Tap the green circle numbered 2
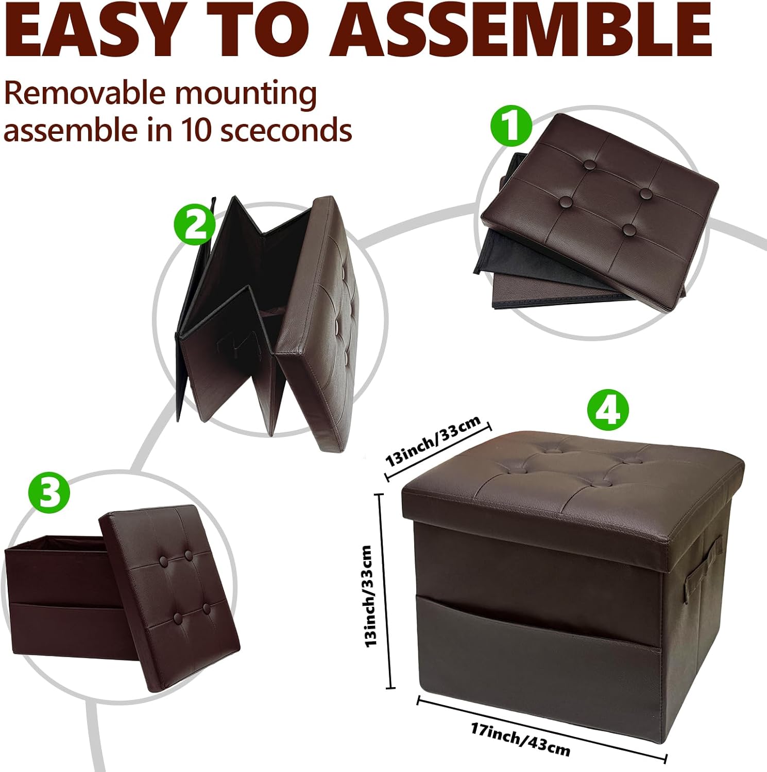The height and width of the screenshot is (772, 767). point(193,225)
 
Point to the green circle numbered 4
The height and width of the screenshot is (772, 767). point(608,410)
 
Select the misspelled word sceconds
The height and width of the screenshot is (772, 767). point(286,131)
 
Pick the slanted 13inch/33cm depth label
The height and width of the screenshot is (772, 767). point(434,441)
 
